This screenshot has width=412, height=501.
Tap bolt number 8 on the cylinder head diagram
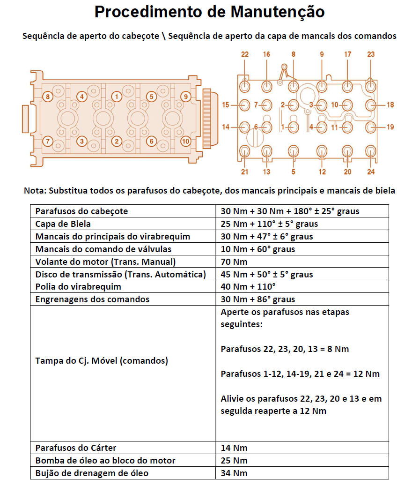coord(47,97)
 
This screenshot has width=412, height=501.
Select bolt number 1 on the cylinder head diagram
coord(117,97)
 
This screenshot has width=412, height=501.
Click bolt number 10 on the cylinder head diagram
coord(186,141)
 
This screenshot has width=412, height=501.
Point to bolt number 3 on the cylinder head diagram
coord(82,141)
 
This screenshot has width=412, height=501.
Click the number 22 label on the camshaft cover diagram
coord(245,55)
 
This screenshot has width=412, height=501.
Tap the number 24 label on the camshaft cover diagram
coord(371,172)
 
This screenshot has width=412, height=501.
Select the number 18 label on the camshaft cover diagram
coord(390,105)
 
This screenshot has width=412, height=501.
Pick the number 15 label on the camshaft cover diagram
coord(226,105)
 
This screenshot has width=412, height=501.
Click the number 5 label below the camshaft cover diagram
coord(294,172)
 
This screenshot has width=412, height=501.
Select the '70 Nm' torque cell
coord(234,262)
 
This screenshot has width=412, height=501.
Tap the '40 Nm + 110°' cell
coord(248,287)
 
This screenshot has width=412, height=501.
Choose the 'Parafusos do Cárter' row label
coord(76,448)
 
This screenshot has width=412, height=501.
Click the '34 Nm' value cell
coord(234,473)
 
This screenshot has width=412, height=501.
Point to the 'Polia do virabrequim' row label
coord(78,287)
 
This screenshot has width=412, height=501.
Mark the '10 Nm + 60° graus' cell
coord(257,249)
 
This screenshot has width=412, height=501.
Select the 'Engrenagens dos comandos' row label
coord(92,299)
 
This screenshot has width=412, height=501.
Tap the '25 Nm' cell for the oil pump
coord(234,461)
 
